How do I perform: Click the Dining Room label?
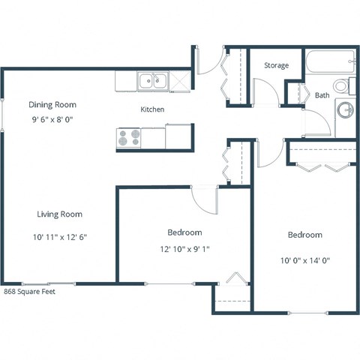tap(52, 104)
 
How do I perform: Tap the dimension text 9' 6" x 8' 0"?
tap(52, 118)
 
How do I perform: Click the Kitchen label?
tap(152, 109)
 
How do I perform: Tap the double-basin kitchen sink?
tap(153, 79)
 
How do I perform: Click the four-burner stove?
tap(128, 137)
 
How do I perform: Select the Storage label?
tap(276, 66)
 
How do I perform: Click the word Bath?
tap(322, 95)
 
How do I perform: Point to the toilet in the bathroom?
tap(343, 85)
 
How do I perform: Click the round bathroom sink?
tap(345, 111)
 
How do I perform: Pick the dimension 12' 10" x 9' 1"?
tap(184, 249)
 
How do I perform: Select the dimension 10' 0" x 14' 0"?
tap(304, 260)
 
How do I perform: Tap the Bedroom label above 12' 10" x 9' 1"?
tap(184, 232)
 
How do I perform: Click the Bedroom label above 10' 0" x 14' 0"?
tap(304, 235)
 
